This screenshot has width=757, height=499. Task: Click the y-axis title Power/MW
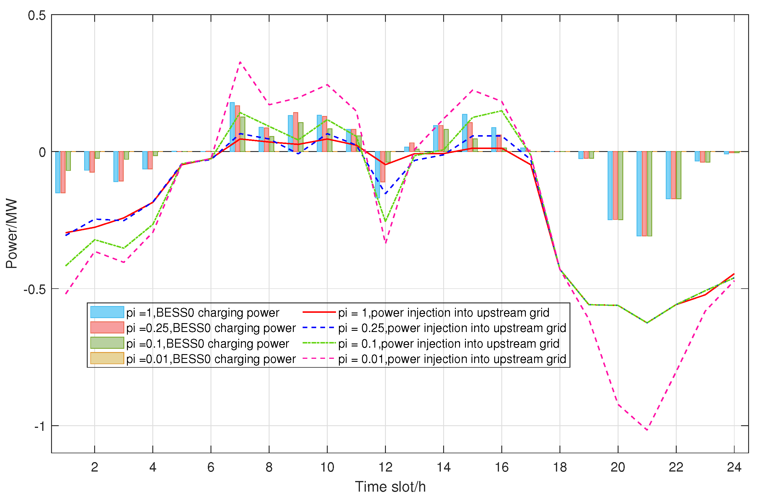(12, 234)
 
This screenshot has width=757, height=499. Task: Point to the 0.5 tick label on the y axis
(37, 16)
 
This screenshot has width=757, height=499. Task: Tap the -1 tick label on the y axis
(40, 426)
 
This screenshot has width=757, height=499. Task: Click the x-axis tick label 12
(385, 467)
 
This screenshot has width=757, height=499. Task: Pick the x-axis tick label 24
(734, 467)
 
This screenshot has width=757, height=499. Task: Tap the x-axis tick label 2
(94, 467)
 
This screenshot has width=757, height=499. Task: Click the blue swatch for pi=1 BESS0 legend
(107, 312)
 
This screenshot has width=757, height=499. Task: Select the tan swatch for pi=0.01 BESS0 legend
(107, 358)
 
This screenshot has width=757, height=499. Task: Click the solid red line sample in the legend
(319, 312)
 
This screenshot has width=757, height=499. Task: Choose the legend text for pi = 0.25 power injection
(452, 328)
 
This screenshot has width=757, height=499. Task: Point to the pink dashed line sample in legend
(319, 359)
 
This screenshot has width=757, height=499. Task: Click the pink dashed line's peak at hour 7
(240, 62)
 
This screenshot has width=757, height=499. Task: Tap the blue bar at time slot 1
(58, 172)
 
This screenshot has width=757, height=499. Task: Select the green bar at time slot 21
(650, 194)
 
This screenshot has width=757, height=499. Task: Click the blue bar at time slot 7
(232, 127)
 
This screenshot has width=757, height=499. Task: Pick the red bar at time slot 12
(383, 166)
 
